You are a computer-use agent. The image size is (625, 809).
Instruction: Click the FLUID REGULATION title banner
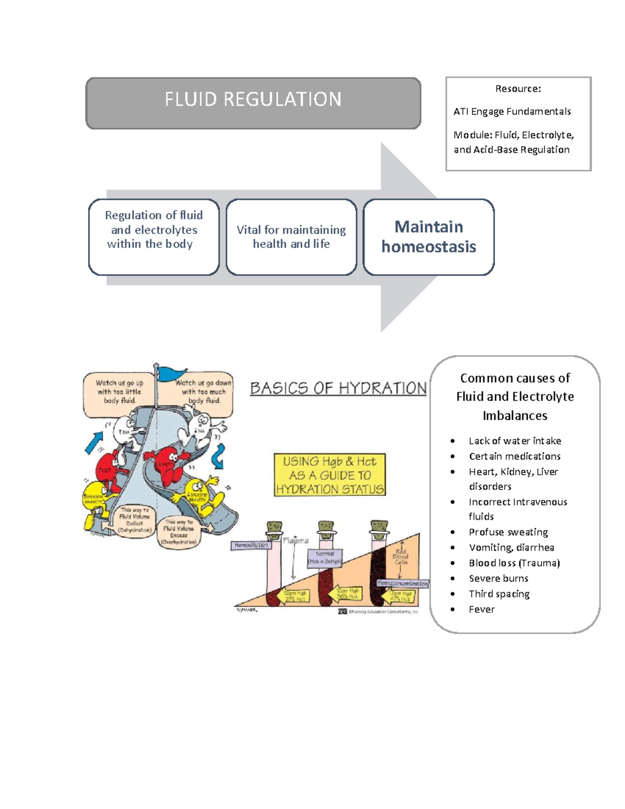pyautogui.click(x=253, y=103)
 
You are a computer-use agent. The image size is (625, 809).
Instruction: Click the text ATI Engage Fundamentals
pyautogui.click(x=512, y=111)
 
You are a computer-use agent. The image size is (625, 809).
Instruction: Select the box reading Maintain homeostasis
pyautogui.click(x=429, y=237)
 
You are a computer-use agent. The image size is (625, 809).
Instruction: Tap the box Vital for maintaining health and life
pyautogui.click(x=291, y=237)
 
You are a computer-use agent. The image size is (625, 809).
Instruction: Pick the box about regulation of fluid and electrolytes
pyautogui.click(x=154, y=237)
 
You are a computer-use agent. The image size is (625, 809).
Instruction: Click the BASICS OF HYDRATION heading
pyautogui.click(x=338, y=388)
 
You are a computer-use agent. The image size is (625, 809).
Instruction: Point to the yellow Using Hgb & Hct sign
pyautogui.click(x=330, y=475)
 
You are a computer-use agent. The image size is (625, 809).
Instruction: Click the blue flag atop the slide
pyautogui.click(x=172, y=373)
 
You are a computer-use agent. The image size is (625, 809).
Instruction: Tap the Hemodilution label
pyautogui.click(x=251, y=545)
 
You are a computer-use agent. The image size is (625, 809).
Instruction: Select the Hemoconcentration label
pyautogui.click(x=403, y=583)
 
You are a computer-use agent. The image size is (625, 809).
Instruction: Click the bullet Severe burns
pyautogui.click(x=498, y=578)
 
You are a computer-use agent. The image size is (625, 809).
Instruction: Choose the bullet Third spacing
pyautogui.click(x=499, y=594)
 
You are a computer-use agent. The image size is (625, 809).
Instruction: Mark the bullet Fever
pyautogui.click(x=482, y=609)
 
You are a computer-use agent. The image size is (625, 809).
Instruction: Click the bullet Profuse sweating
pyautogui.click(x=508, y=532)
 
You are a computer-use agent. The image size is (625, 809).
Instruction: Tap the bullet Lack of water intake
pyautogui.click(x=515, y=441)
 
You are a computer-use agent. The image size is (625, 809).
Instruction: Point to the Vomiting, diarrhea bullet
pyautogui.click(x=511, y=547)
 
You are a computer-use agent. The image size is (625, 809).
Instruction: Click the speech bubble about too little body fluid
pyautogui.click(x=119, y=392)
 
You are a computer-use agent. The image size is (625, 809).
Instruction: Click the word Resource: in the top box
pyautogui.click(x=518, y=89)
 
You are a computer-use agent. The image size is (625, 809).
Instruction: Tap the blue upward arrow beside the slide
pyautogui.click(x=94, y=442)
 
